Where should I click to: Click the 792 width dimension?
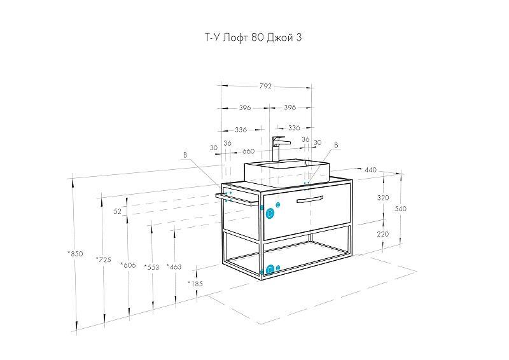(265, 87)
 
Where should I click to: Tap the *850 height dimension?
(75, 254)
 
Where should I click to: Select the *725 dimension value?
(104, 260)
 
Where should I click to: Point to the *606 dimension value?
(128, 265)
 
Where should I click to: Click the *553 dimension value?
(151, 267)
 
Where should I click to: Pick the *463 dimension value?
(174, 267)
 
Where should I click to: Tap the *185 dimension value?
(195, 284)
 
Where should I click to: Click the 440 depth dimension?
(370, 170)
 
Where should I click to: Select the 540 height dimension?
(400, 209)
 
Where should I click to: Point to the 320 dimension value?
(383, 198)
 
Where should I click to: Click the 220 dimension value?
(383, 234)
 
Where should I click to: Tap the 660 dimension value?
(248, 151)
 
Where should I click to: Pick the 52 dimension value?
(118, 211)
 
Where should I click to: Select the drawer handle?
(310, 199)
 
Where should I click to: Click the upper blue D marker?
(270, 214)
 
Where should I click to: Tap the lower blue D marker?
(270, 270)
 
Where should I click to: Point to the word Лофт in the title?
(236, 38)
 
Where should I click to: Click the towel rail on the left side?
(237, 199)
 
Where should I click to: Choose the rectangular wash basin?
(287, 173)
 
